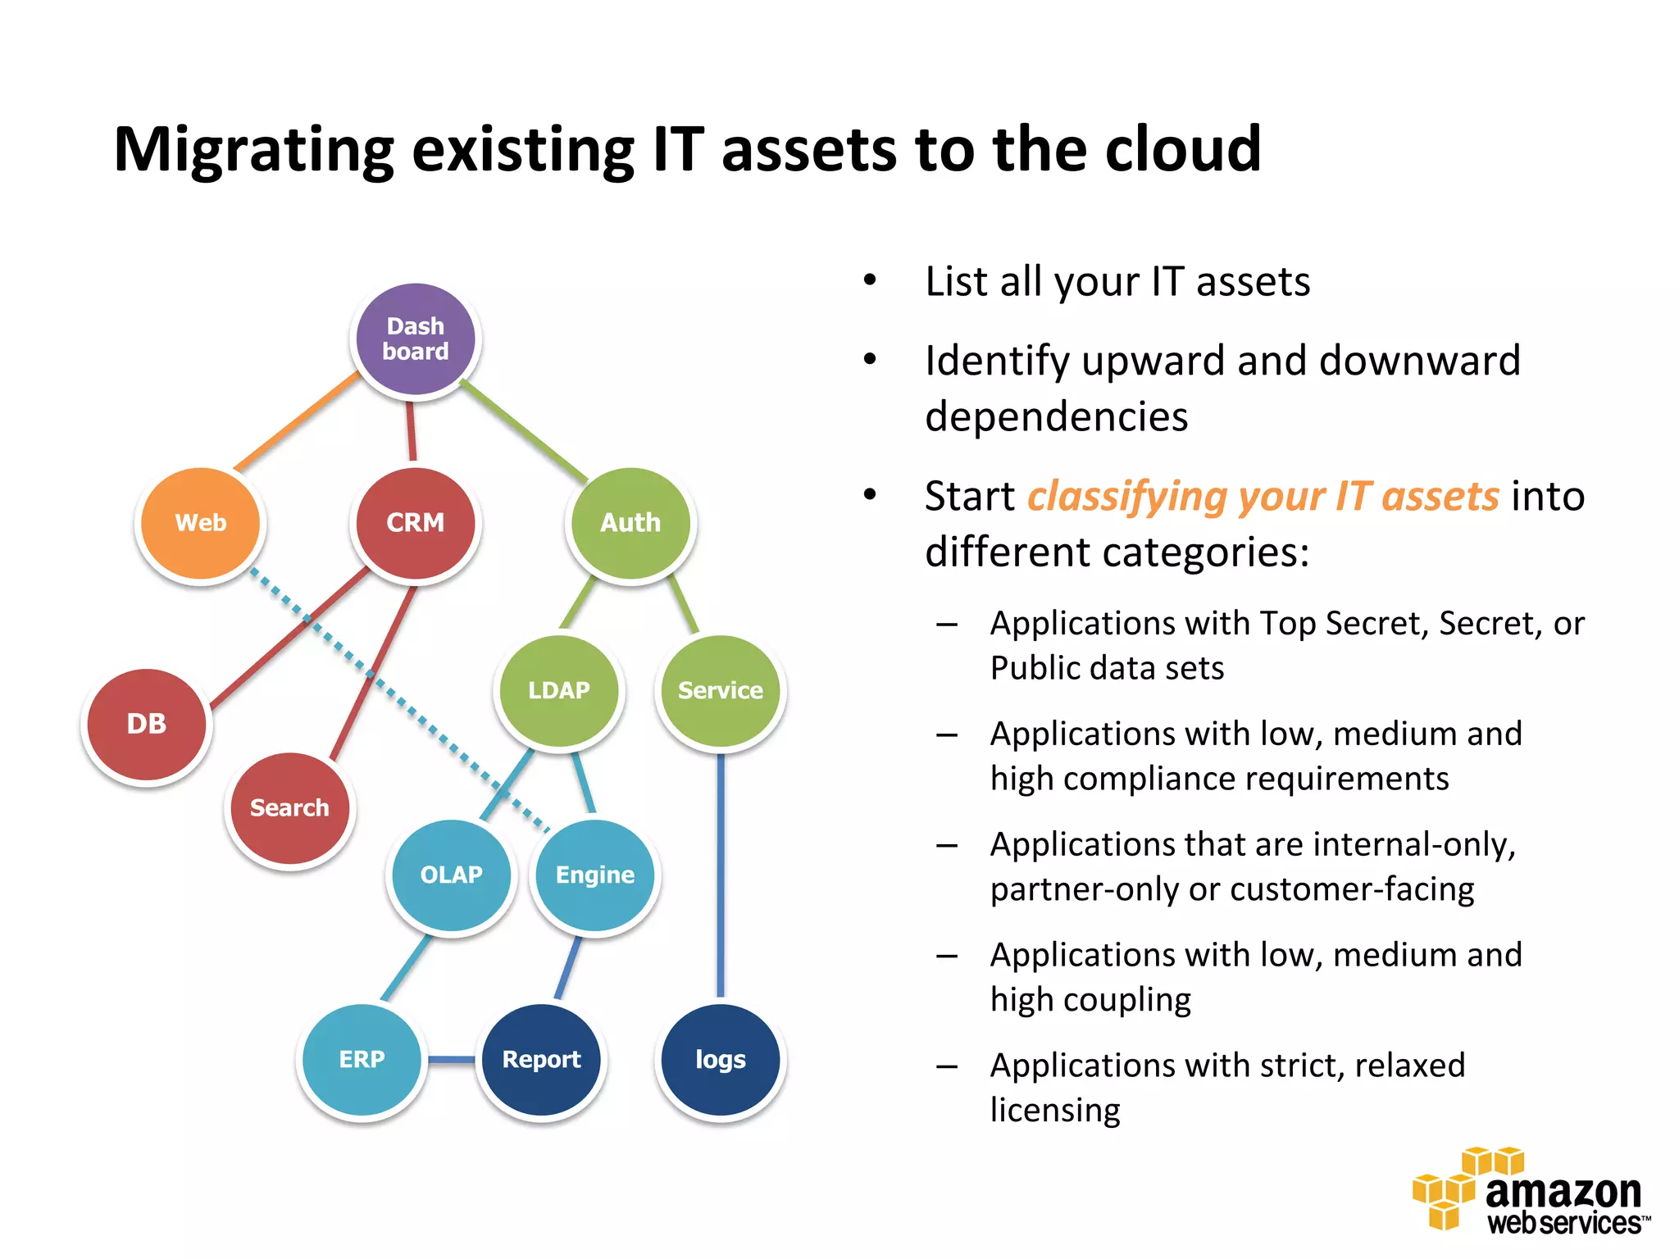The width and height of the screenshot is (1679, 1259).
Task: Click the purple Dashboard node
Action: tap(416, 339)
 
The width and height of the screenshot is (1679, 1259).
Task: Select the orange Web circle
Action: tap(201, 523)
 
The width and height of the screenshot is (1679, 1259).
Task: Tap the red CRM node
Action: tap(416, 523)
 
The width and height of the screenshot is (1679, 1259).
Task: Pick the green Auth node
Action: tap(630, 523)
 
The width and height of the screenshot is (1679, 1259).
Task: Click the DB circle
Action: tap(147, 724)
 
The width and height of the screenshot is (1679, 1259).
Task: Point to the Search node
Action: tap(289, 808)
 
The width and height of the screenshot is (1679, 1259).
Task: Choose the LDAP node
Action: tap(559, 690)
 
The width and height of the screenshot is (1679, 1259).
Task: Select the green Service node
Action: tap(721, 690)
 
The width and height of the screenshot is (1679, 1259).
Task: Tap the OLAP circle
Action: tap(451, 875)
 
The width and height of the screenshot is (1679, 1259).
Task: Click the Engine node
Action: tap(595, 875)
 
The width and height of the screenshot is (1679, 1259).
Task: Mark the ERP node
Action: tap(362, 1059)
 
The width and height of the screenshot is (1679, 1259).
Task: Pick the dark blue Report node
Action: tap(541, 1059)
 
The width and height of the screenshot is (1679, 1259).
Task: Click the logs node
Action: tap(721, 1059)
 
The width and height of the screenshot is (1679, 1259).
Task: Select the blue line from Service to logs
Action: tap(721, 877)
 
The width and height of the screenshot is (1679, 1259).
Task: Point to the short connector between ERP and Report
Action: tap(451, 1060)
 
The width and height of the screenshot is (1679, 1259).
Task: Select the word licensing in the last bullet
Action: tap(1055, 1110)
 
